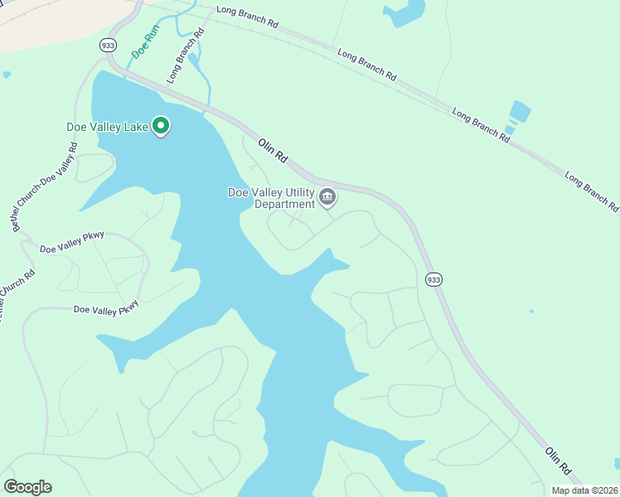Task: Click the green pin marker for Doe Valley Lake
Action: pos(162,126)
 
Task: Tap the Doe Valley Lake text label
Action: pos(107,127)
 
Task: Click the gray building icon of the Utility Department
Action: pos(327,197)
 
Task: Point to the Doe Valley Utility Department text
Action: pos(272,198)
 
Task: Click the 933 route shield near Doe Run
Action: pos(107,45)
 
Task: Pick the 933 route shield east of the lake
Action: pos(434,280)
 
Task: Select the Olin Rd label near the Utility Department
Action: pos(273,148)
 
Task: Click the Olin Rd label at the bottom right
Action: pos(559,460)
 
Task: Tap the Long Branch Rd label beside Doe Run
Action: pos(185,56)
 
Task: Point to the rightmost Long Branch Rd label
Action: pos(591,191)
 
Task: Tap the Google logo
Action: pos(27,486)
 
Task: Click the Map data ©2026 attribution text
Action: pos(584,490)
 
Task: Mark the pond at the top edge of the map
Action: pos(402,12)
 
